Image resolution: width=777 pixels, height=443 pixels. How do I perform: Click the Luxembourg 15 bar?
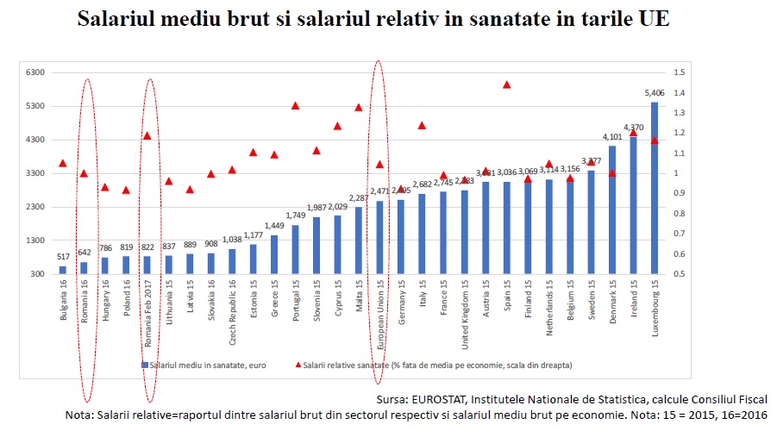pos(654,188)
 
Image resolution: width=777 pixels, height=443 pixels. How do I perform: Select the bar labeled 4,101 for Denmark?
pos(612,209)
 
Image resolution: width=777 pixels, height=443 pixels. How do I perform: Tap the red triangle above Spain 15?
pos(507,84)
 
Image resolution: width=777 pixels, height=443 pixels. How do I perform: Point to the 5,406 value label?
pos(655,92)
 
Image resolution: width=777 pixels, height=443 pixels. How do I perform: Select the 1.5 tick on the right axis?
pos(679,72)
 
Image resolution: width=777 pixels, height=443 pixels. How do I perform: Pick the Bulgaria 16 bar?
pos(63,270)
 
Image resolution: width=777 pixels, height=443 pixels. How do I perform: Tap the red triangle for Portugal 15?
pos(295,105)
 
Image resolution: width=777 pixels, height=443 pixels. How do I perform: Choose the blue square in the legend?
pos(145,365)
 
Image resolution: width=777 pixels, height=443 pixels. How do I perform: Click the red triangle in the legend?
pos(298,365)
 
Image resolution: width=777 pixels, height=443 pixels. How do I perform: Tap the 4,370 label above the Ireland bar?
pos(633,128)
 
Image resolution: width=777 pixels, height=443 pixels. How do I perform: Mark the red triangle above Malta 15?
pos(359,108)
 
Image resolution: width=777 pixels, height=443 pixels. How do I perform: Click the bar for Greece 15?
pos(274,254)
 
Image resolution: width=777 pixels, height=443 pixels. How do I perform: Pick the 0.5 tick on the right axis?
pos(679,274)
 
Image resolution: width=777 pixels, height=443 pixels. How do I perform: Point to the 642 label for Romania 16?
pos(85,253)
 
